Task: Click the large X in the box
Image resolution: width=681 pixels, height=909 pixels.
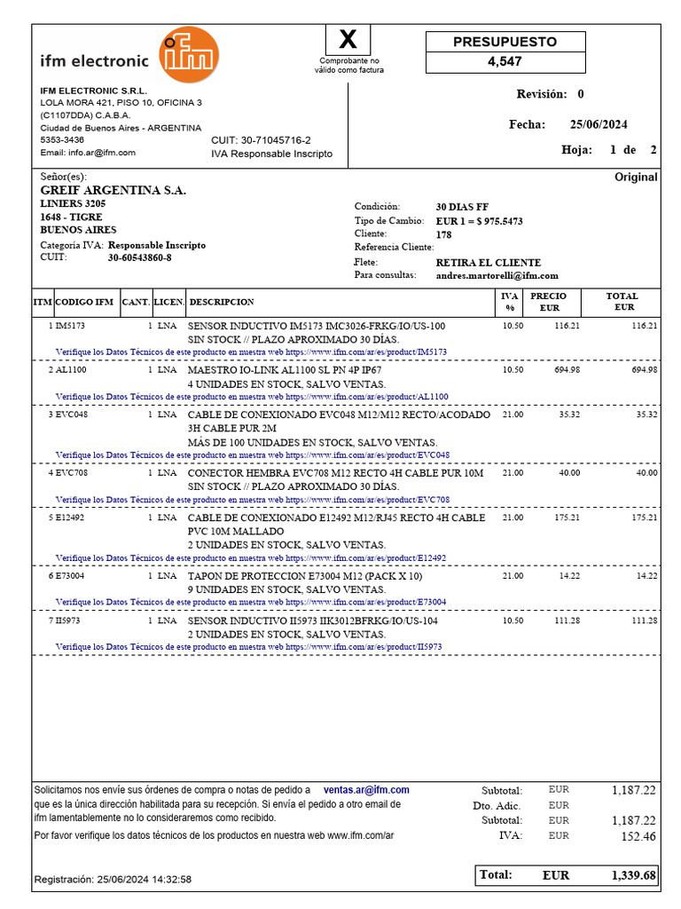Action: pyautogui.click(x=349, y=40)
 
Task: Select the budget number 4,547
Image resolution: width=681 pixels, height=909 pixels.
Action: pyautogui.click(x=505, y=62)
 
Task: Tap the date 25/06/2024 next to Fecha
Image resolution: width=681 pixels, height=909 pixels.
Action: pyautogui.click(x=599, y=125)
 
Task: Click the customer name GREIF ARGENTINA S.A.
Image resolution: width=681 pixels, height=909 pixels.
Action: pyautogui.click(x=113, y=191)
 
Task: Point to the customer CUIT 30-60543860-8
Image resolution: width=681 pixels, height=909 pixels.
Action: pyautogui.click(x=140, y=257)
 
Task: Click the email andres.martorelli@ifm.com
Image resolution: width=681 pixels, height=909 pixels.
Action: pyautogui.click(x=497, y=276)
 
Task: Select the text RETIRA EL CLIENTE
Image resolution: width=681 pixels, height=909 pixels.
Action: pyautogui.click(x=488, y=263)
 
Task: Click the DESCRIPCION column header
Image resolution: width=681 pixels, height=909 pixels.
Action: pyautogui.click(x=222, y=303)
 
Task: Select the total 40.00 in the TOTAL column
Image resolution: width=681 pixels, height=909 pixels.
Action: pyautogui.click(x=646, y=473)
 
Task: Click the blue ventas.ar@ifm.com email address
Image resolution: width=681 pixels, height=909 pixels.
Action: pyautogui.click(x=366, y=790)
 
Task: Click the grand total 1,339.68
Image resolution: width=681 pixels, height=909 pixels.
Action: pyautogui.click(x=633, y=876)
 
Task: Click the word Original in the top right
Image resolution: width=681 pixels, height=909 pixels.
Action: pyautogui.click(x=636, y=178)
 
